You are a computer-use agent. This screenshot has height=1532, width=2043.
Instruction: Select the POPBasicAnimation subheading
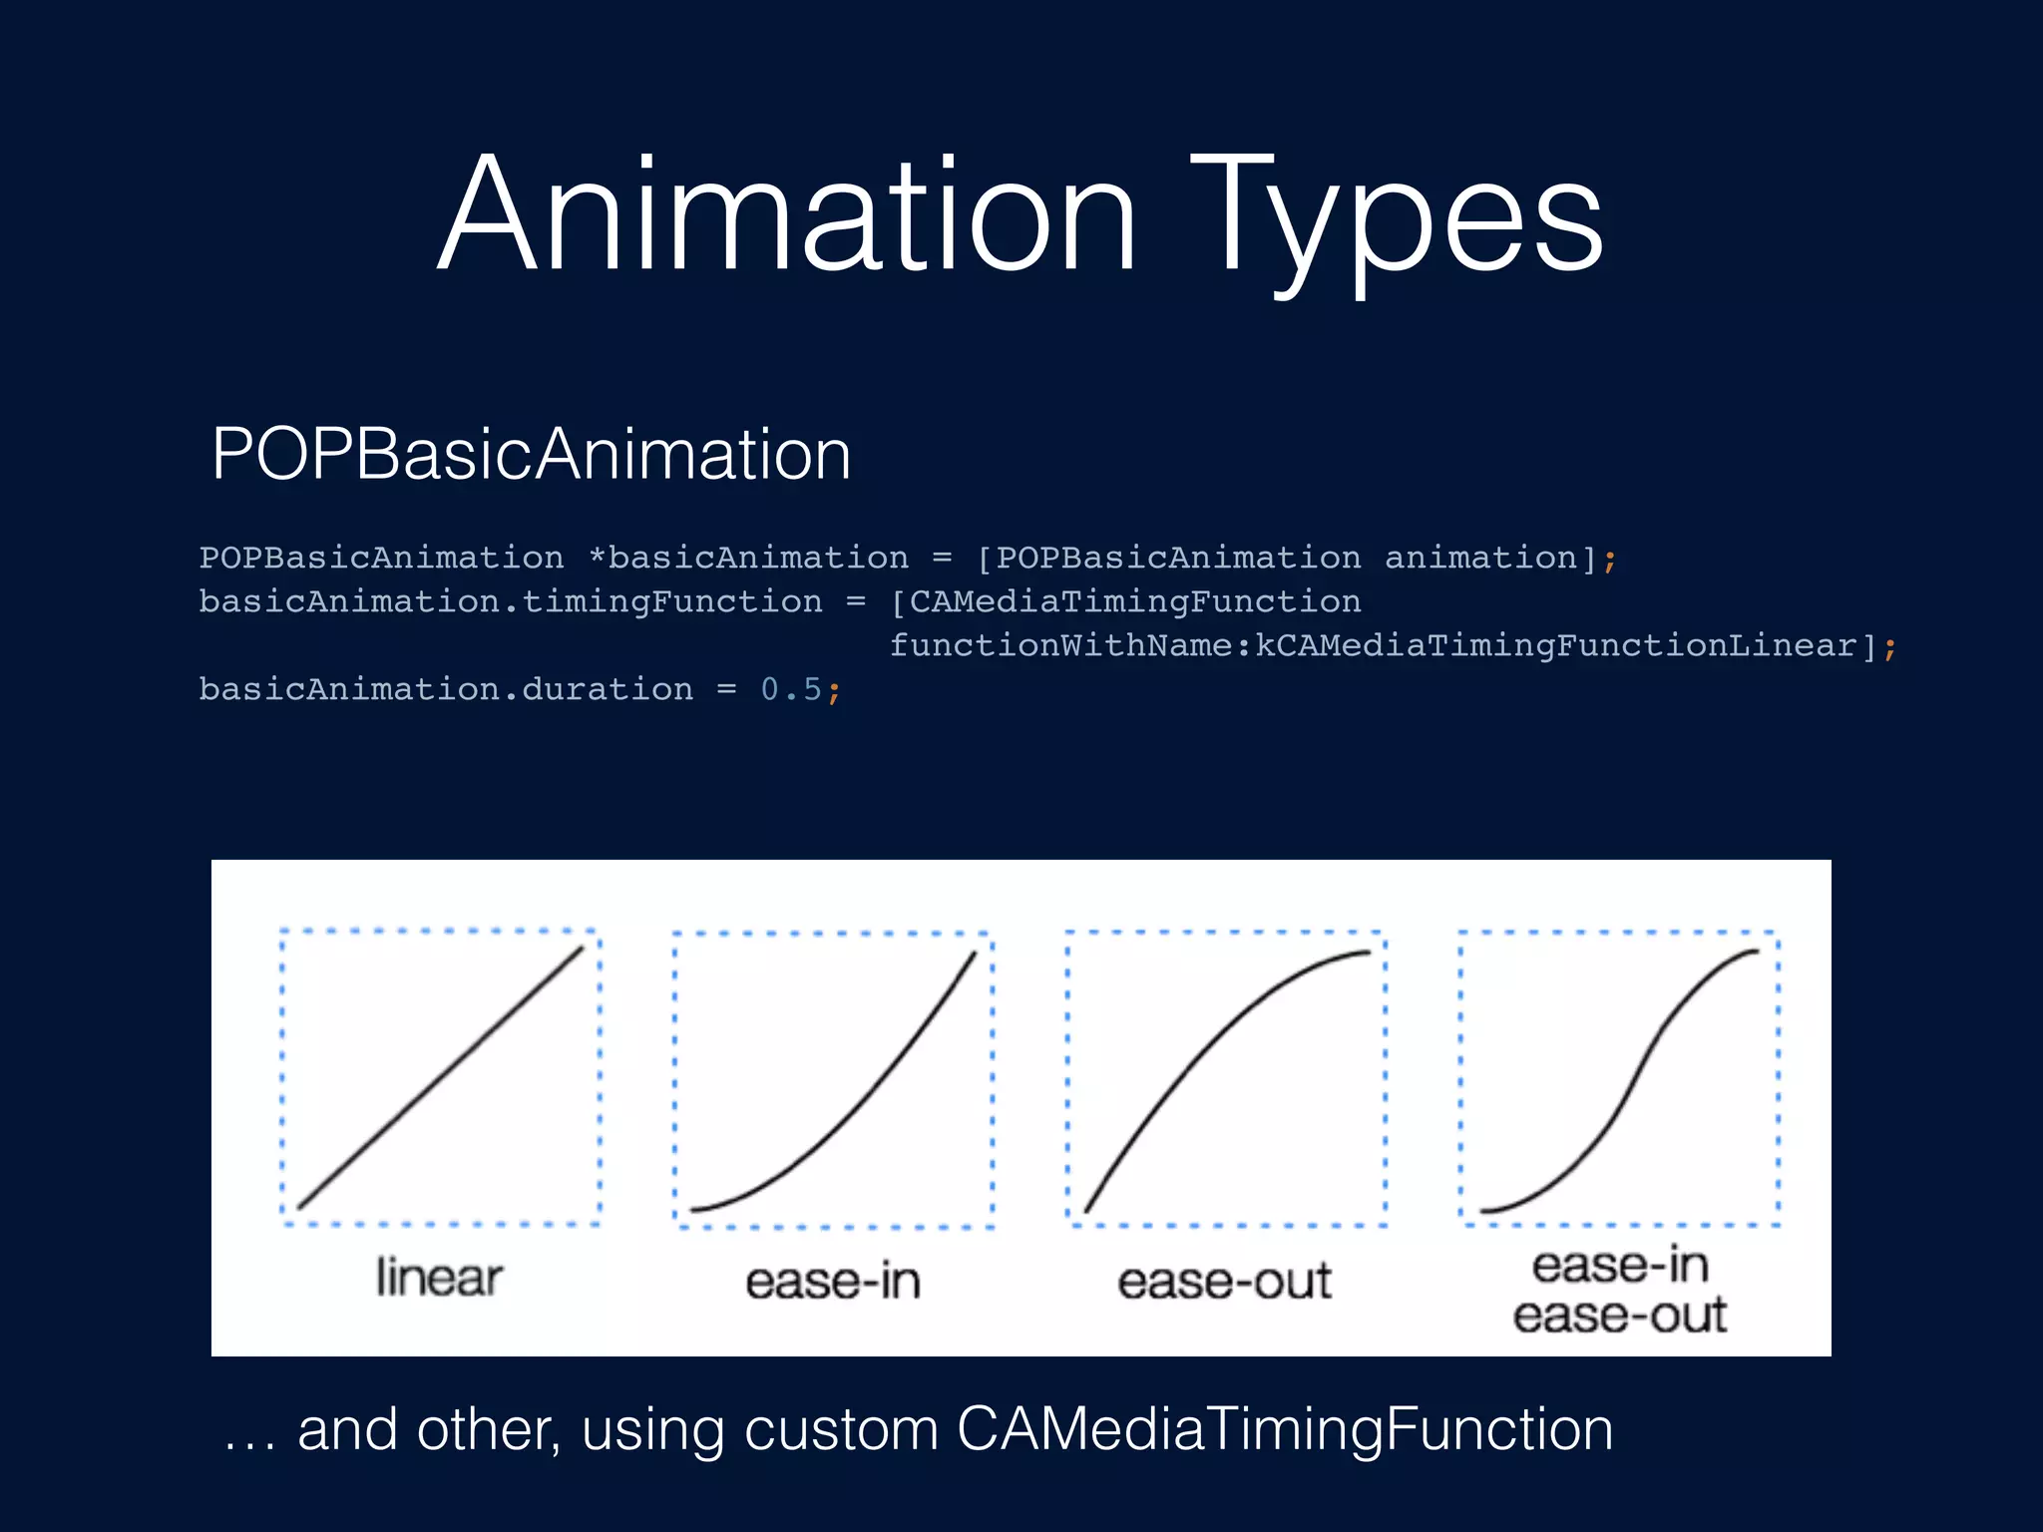click(531, 455)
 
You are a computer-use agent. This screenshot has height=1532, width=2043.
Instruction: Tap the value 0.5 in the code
click(791, 689)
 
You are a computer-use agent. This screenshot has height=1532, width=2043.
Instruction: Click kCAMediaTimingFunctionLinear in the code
click(1556, 645)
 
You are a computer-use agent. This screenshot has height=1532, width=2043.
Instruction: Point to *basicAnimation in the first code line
click(748, 558)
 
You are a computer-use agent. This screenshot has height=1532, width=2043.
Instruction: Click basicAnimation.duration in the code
click(445, 689)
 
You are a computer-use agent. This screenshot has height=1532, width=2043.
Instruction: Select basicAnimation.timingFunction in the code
click(510, 601)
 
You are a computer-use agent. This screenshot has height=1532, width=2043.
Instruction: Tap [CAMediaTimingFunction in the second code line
click(1125, 601)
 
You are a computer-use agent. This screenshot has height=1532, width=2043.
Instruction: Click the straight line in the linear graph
click(440, 1078)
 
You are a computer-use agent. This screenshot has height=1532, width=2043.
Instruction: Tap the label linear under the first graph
click(439, 1279)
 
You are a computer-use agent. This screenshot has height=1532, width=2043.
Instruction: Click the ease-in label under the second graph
click(833, 1282)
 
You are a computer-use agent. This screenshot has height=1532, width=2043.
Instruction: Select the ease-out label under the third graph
click(1224, 1282)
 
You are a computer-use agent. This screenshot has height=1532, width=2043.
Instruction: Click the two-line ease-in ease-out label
click(1620, 1291)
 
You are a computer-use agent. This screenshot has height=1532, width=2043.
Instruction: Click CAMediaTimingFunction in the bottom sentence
click(1285, 1429)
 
